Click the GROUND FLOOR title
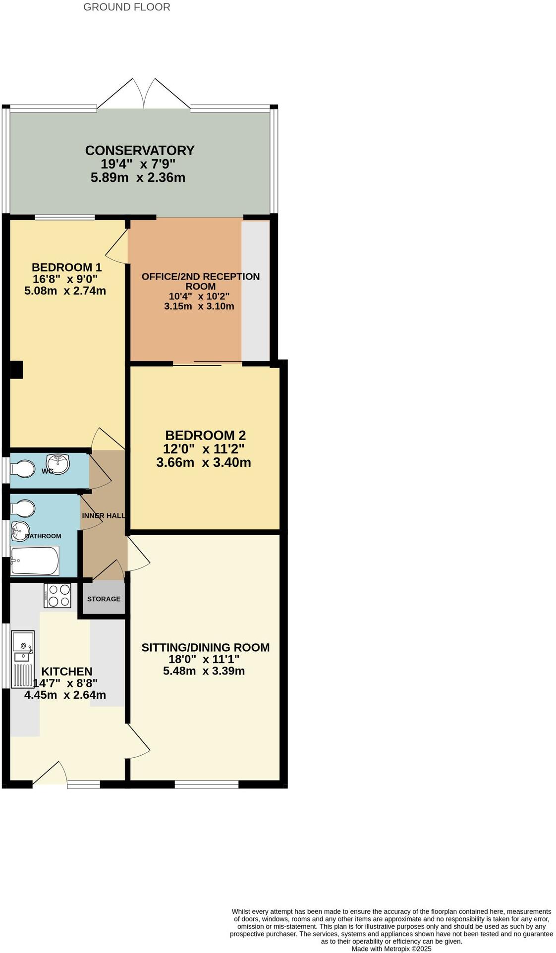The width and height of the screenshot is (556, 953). coord(126,7)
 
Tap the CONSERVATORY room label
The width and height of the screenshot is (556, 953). coord(140,150)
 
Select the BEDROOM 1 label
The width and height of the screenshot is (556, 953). coord(66,267)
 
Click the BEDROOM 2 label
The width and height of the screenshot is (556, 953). coord(205,435)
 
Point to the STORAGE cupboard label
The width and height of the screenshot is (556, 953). coord(104,599)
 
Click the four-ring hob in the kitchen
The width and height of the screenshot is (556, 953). coord(58,595)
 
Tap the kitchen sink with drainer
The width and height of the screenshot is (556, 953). coord(23,659)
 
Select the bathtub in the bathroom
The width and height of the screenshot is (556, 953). coord(35,561)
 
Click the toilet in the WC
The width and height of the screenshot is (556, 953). coord(23,468)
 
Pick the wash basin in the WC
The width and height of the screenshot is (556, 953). coord(58,464)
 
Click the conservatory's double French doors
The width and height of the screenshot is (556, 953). coord(144,94)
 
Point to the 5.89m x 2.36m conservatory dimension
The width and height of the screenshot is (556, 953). coord(138,177)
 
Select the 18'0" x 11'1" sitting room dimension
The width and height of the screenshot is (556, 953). coord(204,659)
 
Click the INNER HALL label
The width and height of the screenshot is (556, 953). coord(103,515)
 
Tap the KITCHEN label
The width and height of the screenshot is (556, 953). coord(66,672)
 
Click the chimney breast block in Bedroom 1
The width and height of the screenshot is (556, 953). coord(16,370)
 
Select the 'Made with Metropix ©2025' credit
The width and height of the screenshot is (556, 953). coord(391,949)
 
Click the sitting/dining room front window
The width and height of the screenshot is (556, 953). coord(207,784)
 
